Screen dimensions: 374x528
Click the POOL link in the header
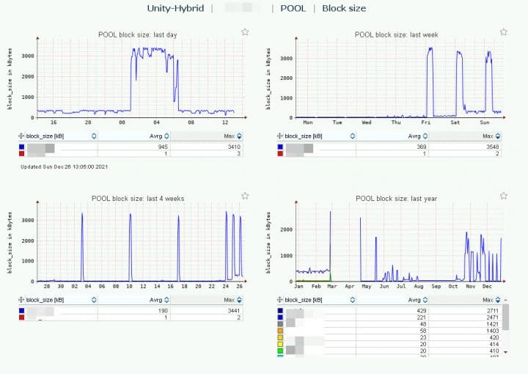pos(293,8)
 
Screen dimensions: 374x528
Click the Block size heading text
pos(344,8)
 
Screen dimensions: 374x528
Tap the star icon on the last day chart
pos(245,32)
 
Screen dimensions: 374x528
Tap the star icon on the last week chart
pos(504,32)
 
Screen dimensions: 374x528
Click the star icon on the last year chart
pos(504,196)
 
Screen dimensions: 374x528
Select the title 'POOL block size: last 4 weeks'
pos(138,198)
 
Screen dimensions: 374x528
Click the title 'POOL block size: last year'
pos(394,198)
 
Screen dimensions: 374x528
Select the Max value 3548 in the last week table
pos(491,147)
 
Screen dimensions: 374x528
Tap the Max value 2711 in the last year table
pos(491,311)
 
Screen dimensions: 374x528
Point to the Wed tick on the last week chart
pos(367,122)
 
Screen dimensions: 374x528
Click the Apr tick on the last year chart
pos(349,287)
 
